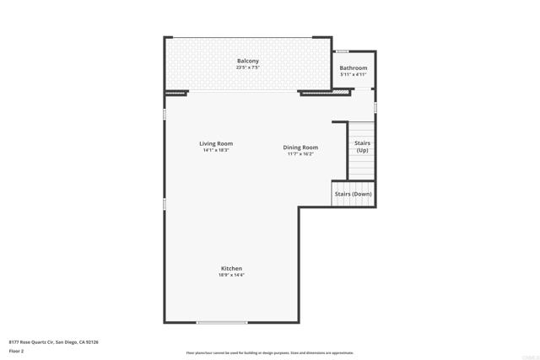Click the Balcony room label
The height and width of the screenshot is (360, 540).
(247, 62)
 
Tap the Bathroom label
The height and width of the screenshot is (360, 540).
(353, 67)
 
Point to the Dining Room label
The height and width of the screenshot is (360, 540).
(300, 148)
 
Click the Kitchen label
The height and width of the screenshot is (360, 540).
(231, 268)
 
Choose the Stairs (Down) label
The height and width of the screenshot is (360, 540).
(353, 194)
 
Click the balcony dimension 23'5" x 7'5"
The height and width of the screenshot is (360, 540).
(247, 68)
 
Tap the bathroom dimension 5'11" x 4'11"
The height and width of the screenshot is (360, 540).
(353, 74)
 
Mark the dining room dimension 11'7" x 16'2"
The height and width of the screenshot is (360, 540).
(300, 154)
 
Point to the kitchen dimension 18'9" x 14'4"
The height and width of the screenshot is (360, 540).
(231, 275)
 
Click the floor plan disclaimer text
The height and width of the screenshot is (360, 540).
(270, 352)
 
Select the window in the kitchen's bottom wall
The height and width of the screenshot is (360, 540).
(222, 322)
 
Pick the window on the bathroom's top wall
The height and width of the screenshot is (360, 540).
(343, 51)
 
